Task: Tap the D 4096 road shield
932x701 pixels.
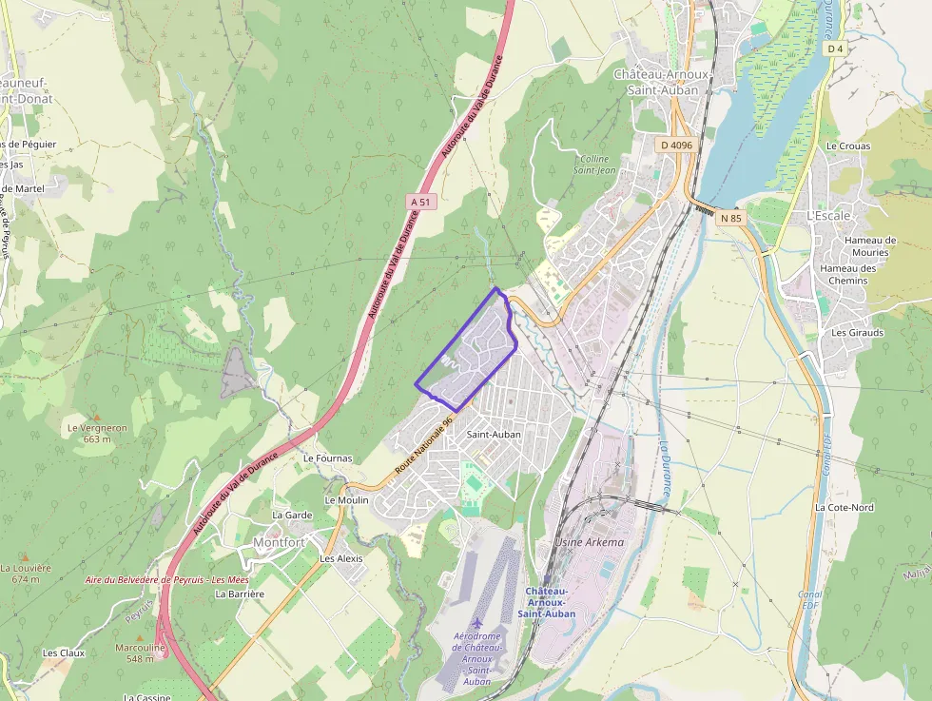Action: tap(675, 145)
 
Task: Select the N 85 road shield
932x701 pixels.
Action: tap(730, 218)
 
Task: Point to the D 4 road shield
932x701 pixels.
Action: tap(835, 49)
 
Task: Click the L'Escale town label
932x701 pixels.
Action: tap(828, 216)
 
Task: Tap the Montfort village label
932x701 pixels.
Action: tap(279, 542)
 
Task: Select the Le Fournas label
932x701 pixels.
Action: tap(327, 458)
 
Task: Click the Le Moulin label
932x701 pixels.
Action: tap(346, 499)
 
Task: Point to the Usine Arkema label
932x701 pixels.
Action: tap(590, 542)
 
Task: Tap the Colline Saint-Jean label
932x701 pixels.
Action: tap(594, 164)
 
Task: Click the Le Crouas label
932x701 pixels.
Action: tap(848, 146)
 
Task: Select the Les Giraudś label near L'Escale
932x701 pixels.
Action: tap(857, 333)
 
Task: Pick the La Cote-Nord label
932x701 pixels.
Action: tap(844, 508)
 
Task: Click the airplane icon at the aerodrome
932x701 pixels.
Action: tap(476, 623)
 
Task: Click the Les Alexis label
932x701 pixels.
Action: tap(341, 558)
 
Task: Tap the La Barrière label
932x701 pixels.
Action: tap(240, 594)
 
